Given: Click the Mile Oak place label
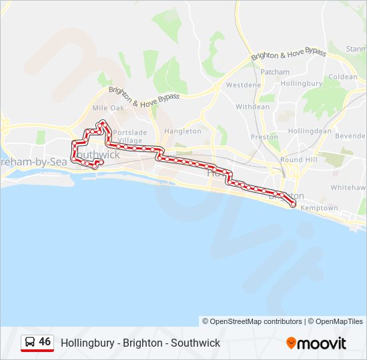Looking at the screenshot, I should point(108,107).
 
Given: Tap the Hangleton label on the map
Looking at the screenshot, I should point(182,131).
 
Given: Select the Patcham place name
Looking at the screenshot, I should point(275,72).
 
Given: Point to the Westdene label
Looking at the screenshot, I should point(244,85).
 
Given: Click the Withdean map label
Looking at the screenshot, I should point(252,107).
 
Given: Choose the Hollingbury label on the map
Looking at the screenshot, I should point(301,84).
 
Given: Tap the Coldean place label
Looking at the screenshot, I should point(342,77).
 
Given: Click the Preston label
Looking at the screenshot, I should point(264,137).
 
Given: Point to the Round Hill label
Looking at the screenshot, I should point(299,160).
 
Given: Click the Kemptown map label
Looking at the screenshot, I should point(320,208).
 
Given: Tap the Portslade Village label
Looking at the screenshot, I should point(129,137).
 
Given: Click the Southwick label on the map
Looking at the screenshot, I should point(99,155).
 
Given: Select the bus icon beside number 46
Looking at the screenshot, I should point(30,343).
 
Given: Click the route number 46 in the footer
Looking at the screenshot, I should point(45,342).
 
